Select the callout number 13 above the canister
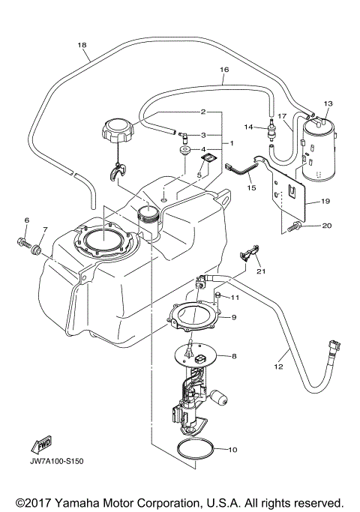pos(327,103)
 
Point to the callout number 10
pos(232,450)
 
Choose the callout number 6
pos(27,220)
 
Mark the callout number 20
pos(326,225)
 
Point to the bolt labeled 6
pos(20,241)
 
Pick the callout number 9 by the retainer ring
pos(233,318)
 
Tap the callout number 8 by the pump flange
pos(233,357)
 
